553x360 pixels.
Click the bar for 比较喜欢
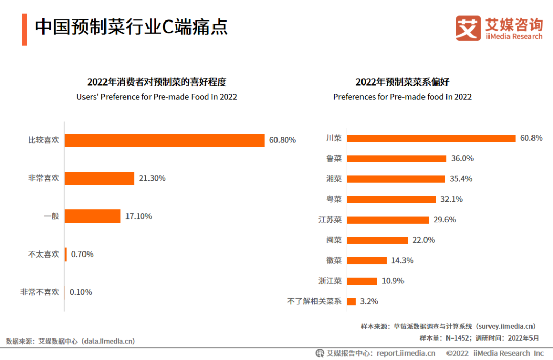point(164,140)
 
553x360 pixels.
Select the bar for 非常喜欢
point(99,178)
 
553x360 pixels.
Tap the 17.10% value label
point(138,216)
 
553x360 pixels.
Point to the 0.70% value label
point(82,254)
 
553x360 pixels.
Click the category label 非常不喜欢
point(40,292)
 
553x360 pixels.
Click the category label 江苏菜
point(330,220)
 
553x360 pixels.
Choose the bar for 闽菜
point(377,240)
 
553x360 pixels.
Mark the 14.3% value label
point(402,260)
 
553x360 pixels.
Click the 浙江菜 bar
point(362,281)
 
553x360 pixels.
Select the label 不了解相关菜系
point(314,301)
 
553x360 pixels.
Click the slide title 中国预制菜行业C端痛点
point(131,27)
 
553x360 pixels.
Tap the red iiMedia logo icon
point(468,29)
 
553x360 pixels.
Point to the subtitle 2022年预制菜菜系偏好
point(402,82)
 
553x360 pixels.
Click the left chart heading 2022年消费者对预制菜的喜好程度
point(157,82)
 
